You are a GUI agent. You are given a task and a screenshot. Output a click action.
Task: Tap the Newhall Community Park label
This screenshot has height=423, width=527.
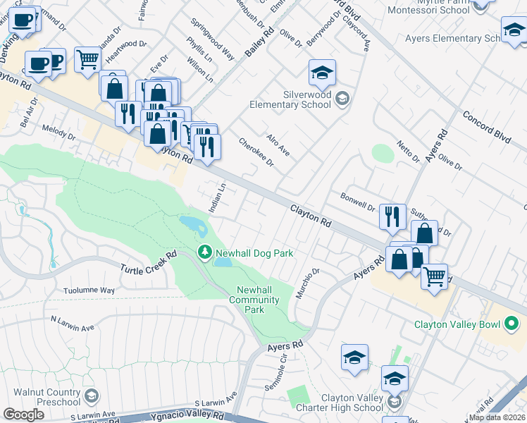coord(255,300)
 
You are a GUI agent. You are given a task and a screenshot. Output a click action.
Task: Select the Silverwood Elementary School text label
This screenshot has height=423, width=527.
coord(290,99)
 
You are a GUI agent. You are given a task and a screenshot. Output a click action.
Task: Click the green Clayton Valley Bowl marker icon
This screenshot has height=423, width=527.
coord(511,324)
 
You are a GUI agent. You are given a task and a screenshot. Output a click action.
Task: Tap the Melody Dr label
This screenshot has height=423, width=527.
coord(58,131)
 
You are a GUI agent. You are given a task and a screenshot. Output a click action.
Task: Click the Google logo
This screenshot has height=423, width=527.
coord(23,415)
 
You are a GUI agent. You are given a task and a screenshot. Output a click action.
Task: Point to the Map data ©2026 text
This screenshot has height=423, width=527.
coord(497,417)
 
